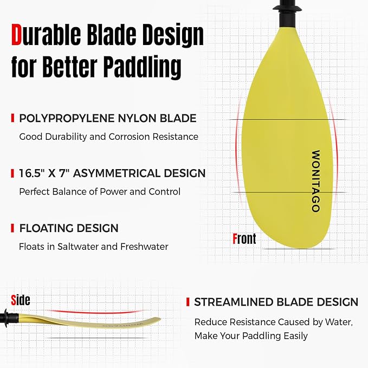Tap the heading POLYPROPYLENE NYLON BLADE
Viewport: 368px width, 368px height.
(x=107, y=118)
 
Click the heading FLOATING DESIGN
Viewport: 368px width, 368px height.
(x=68, y=228)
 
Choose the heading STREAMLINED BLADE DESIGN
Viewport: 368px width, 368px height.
(x=276, y=302)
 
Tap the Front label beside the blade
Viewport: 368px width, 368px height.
(x=244, y=238)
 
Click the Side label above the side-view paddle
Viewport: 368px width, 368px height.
(x=21, y=300)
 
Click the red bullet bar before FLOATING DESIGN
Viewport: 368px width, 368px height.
(x=12, y=228)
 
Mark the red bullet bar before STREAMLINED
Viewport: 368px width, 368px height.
(x=188, y=302)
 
